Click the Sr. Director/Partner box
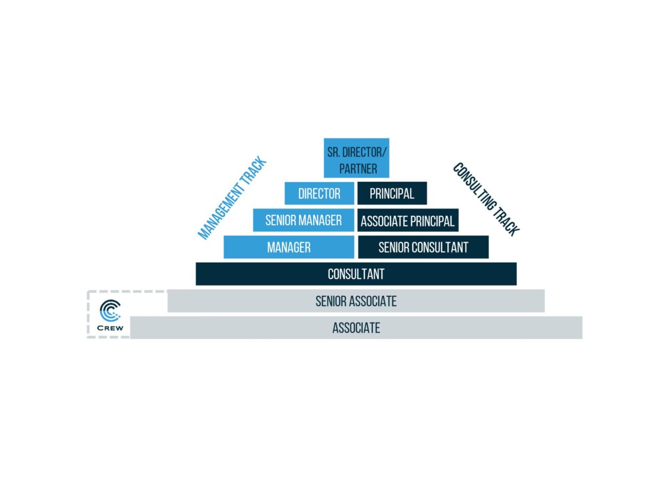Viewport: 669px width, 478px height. pos(356,158)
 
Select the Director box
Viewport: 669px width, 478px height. pos(319,193)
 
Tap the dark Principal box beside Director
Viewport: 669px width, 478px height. pos(392,193)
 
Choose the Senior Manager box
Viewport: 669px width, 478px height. pos(304,220)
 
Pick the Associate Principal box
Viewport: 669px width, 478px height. pos(408,220)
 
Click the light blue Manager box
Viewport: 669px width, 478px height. pos(289,247)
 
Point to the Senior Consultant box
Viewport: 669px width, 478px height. pos(423,247)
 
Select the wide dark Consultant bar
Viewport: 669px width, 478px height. pos(356,274)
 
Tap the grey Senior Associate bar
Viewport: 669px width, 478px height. pos(356,301)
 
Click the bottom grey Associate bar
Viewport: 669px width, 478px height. pos(356,328)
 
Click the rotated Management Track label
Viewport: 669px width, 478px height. pos(232,198)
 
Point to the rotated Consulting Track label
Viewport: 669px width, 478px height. pos(486,199)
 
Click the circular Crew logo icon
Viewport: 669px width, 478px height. pos(110,311)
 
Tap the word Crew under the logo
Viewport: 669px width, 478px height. pos(110,328)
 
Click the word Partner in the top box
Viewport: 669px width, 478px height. pos(358,169)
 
